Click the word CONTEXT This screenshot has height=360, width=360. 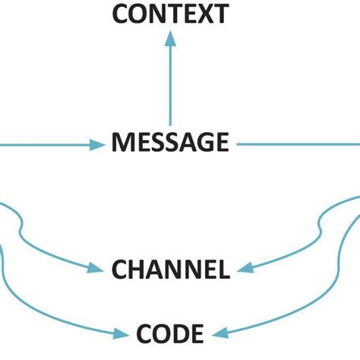pyautogui.click(x=169, y=14)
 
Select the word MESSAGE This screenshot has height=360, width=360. pyautogui.click(x=169, y=142)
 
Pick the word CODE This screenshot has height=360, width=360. pyautogui.click(x=169, y=333)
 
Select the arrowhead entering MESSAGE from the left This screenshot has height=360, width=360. pyautogui.click(x=96, y=144)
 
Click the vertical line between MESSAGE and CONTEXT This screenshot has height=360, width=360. pyautogui.click(x=169, y=84)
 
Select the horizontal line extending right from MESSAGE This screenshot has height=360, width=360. pyautogui.click(x=296, y=143)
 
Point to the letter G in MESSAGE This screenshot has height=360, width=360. pyautogui.click(x=201, y=142)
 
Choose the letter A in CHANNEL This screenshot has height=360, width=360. pyautogui.click(x=156, y=269)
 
